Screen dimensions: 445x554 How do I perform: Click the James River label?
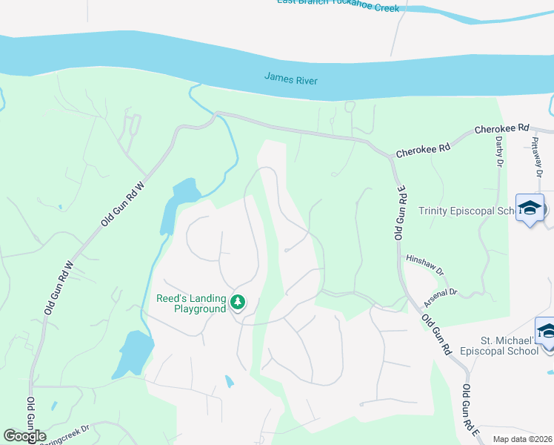tap(291, 78)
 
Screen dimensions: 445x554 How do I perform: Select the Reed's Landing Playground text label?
tap(190, 304)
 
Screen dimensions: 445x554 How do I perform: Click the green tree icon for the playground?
tap(238, 302)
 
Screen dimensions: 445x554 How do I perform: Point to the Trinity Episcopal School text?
tap(467, 211)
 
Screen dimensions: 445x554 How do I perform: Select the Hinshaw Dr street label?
tap(424, 264)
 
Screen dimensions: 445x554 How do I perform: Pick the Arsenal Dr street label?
tap(443, 297)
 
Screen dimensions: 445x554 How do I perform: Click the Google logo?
tap(24, 435)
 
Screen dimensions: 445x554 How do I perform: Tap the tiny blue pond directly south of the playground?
tap(229, 382)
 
